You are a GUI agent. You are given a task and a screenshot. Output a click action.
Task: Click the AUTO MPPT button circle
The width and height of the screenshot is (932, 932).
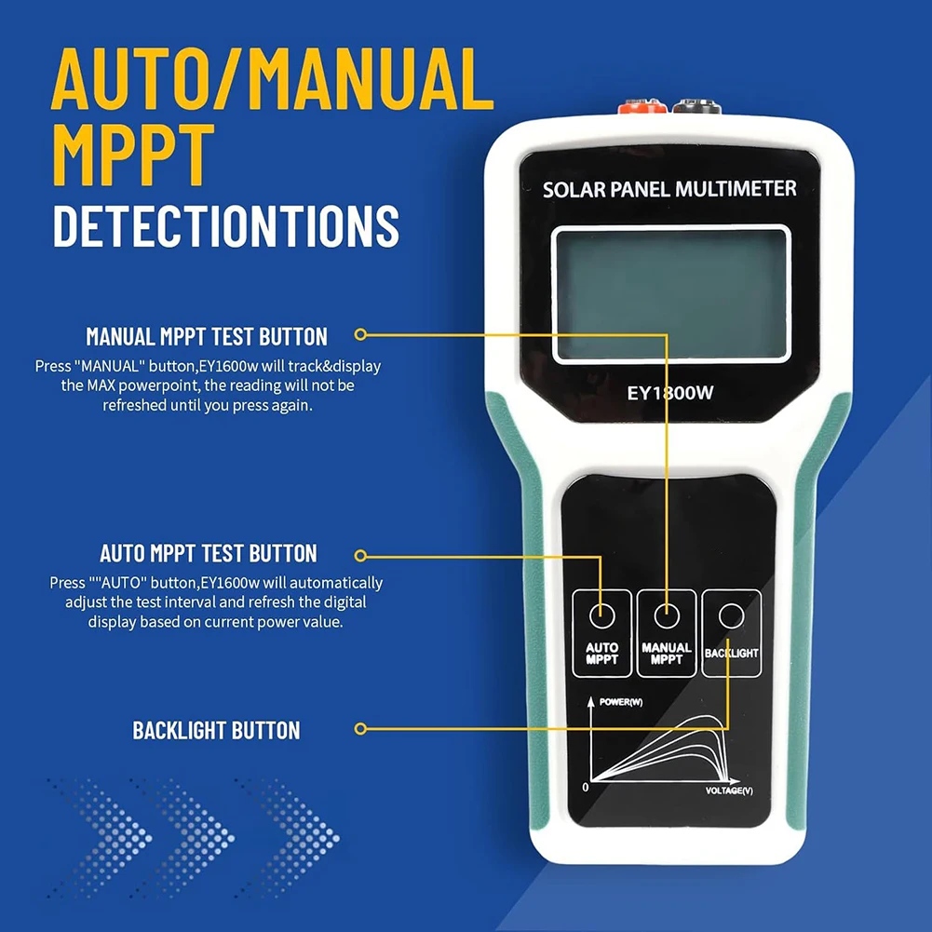coord(601,615)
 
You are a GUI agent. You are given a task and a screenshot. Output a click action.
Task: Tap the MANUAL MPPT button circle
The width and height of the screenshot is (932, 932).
coord(666,615)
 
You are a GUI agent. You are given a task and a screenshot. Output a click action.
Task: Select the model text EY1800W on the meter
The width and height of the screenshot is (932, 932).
coord(670,393)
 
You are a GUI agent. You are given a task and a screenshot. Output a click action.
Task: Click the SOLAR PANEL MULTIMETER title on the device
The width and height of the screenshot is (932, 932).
coord(669,189)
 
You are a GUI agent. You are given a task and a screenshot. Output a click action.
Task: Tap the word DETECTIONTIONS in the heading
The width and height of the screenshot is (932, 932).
coord(225,226)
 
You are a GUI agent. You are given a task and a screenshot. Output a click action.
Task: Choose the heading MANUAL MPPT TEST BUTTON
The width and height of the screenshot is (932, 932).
coord(207,336)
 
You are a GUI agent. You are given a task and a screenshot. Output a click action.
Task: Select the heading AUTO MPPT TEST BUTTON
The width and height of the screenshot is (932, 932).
coord(209,553)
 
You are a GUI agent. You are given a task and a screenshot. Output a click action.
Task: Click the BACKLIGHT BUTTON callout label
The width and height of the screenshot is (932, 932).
coord(216,730)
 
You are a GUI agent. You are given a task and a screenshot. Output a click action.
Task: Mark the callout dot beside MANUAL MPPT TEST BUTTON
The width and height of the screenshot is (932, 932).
coord(361,333)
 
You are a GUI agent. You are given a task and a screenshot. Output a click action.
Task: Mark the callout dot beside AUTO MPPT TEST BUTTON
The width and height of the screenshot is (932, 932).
coord(361,557)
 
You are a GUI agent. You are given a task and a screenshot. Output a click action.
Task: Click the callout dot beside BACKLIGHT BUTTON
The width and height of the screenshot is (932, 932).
coord(361,729)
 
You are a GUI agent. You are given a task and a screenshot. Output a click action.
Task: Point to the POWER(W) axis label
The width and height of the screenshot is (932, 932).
coord(621,702)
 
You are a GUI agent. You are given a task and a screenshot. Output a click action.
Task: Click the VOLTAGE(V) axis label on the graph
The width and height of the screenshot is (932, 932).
coord(729,790)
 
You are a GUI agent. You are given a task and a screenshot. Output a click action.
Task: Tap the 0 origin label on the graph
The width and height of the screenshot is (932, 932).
coord(585,788)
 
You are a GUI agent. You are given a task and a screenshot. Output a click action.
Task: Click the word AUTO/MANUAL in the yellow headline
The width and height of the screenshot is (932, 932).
coord(272,81)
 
